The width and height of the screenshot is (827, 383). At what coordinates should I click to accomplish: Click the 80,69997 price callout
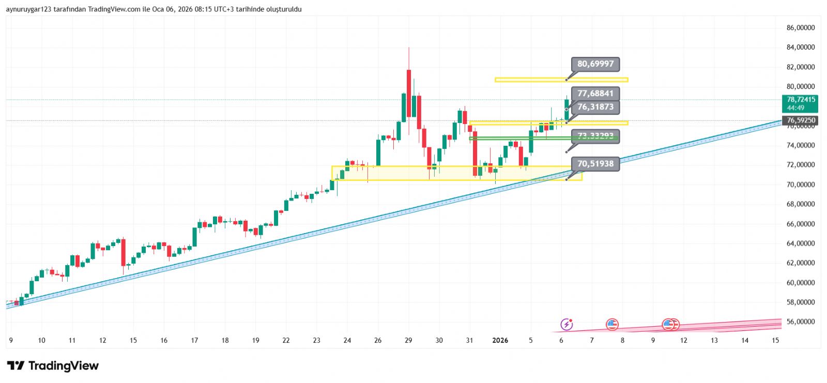(x=595, y=64)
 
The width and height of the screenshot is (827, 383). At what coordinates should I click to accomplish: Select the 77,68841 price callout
(x=595, y=94)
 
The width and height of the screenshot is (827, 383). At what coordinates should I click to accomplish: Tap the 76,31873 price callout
(x=595, y=107)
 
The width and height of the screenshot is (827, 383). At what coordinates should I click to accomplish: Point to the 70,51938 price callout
(x=595, y=164)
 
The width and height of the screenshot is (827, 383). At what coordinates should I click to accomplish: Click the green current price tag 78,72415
(x=800, y=103)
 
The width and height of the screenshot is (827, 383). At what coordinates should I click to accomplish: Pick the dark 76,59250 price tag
(x=800, y=120)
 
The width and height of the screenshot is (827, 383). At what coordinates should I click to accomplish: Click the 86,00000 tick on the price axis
(x=800, y=28)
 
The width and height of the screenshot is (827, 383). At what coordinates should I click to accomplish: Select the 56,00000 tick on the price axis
(x=800, y=321)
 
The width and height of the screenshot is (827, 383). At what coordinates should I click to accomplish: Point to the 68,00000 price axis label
(x=800, y=204)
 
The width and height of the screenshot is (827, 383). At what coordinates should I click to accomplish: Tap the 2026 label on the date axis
(x=500, y=340)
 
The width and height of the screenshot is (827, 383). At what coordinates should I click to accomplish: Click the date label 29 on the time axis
(x=408, y=340)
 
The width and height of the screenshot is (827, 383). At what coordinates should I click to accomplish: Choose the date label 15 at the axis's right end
(x=775, y=340)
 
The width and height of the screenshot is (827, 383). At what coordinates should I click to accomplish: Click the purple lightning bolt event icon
(x=566, y=325)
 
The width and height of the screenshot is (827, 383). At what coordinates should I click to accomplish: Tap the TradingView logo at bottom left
(x=53, y=366)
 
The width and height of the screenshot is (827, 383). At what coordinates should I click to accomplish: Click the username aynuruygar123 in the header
(x=28, y=9)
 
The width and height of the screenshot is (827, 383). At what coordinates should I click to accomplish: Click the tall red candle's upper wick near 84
(x=409, y=57)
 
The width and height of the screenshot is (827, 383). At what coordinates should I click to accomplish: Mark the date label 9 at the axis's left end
(x=11, y=340)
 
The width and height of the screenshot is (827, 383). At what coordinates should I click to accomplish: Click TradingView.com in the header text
(x=114, y=9)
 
